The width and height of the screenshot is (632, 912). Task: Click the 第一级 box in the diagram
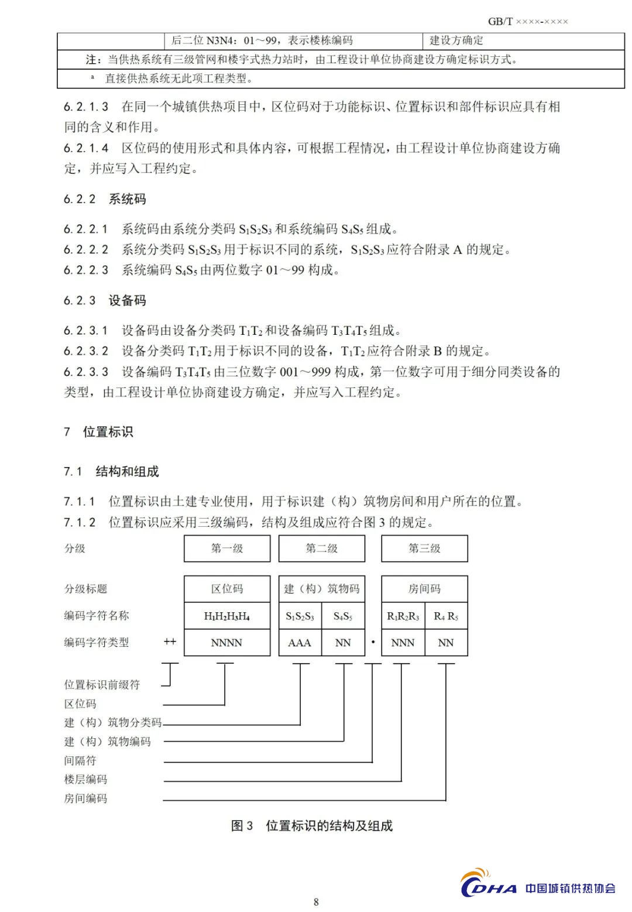[227, 548]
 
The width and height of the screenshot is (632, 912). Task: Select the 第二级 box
[322, 548]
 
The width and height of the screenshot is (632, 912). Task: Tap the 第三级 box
[424, 548]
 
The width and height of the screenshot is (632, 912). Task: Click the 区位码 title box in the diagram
[227, 589]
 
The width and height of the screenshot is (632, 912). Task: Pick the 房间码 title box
[424, 589]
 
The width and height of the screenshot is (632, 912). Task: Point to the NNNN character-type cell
[227, 643]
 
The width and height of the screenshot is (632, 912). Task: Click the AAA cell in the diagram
[300, 643]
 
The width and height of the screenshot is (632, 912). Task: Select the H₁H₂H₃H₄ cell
[227, 616]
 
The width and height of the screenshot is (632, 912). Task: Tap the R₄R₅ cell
[446, 616]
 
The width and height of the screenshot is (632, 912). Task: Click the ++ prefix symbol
[170, 642]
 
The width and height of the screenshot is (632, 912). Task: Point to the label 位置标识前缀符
[102, 684]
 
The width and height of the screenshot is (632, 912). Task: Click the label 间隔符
[80, 760]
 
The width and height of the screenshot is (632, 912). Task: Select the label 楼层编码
[86, 779]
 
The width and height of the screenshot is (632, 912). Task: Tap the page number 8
[316, 901]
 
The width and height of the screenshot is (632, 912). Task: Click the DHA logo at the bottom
[489, 885]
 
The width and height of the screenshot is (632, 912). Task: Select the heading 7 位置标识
[98, 432]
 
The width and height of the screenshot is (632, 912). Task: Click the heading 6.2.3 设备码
[105, 301]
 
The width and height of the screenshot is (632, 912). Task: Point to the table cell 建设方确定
[456, 40]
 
